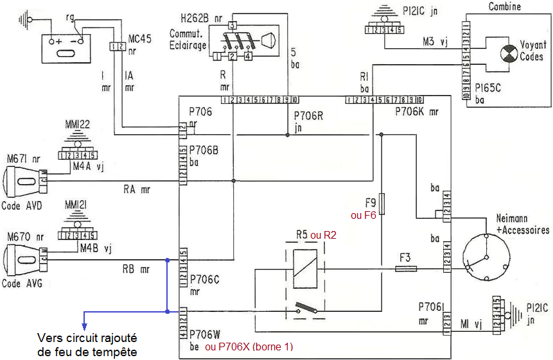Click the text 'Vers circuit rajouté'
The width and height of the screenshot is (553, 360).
87,338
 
